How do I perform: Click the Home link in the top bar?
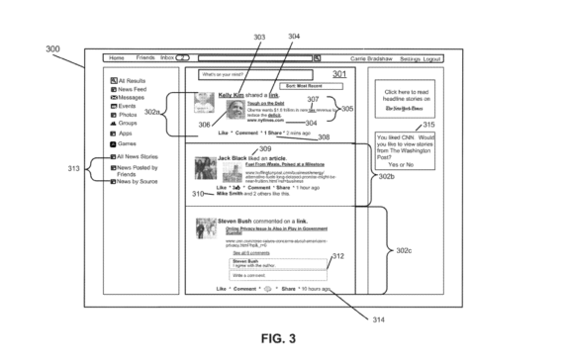pos(117,58)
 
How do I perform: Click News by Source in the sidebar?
pos(138,182)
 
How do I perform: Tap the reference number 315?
pos(428,124)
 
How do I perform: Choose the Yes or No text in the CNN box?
pos(407,164)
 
